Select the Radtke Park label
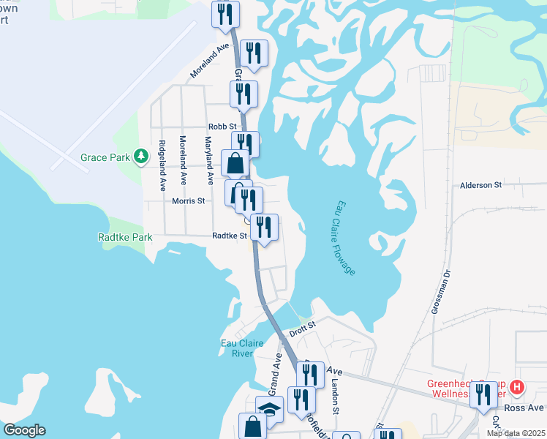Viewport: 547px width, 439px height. (x=125, y=237)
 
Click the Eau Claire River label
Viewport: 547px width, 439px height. (x=237, y=348)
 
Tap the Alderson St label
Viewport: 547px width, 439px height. (x=480, y=185)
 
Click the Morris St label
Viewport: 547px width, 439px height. (x=187, y=200)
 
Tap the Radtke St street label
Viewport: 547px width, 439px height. (x=230, y=236)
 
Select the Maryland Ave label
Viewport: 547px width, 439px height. (x=208, y=160)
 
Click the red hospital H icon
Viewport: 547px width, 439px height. (x=518, y=386)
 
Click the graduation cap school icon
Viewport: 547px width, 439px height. (x=268, y=408)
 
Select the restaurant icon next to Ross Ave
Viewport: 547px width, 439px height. (x=482, y=395)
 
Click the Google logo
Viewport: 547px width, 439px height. (x=24, y=430)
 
